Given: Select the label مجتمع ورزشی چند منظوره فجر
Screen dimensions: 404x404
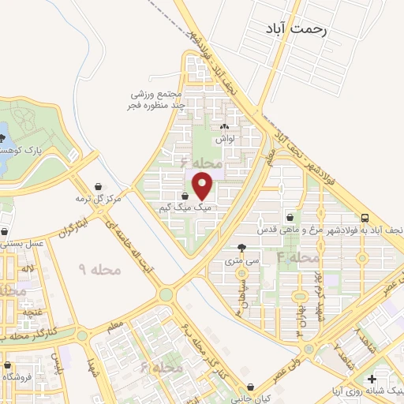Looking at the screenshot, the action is (x=158, y=99).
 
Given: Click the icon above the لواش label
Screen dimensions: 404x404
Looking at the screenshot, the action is (x=225, y=126).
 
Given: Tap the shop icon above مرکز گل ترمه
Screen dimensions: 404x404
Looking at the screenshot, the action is (x=97, y=186).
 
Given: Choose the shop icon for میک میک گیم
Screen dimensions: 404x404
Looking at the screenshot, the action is (x=185, y=196).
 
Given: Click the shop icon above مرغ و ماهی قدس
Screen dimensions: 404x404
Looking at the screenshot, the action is (x=290, y=217).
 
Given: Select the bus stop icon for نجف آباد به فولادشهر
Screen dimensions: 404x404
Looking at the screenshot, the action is (x=365, y=218).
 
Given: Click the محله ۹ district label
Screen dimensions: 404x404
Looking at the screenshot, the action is (x=101, y=270).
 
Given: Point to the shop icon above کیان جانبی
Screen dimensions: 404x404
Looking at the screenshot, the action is (x=251, y=387).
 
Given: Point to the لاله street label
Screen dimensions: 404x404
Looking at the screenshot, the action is (x=28, y=271).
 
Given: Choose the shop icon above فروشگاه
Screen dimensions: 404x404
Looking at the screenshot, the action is (x=8, y=366).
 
